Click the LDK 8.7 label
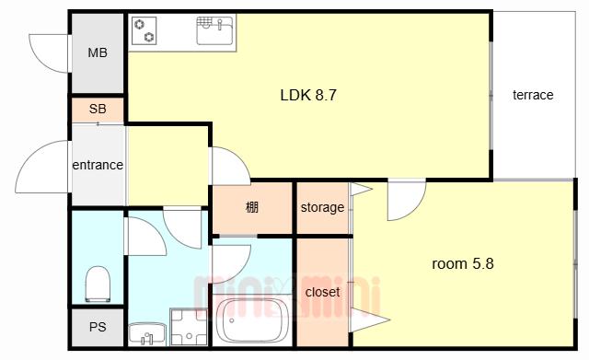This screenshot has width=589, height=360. [308, 95]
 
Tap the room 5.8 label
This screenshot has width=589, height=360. [463, 264]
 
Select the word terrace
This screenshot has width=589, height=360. [533, 95]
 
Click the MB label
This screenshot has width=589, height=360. [98, 52]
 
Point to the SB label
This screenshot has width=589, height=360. [98, 109]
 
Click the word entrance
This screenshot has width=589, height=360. [98, 165]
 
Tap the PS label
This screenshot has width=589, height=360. [98, 327]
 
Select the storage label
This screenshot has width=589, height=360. [322, 207]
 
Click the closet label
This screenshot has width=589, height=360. [323, 292]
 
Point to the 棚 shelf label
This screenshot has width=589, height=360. [252, 207]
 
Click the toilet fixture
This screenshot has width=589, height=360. [98, 284]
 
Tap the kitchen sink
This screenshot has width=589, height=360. [214, 30]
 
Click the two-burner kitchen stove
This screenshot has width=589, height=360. [144, 31]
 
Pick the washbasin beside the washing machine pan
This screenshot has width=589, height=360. [147, 333]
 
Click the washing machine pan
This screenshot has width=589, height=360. [189, 327]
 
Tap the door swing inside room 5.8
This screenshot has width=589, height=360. [416, 207]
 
